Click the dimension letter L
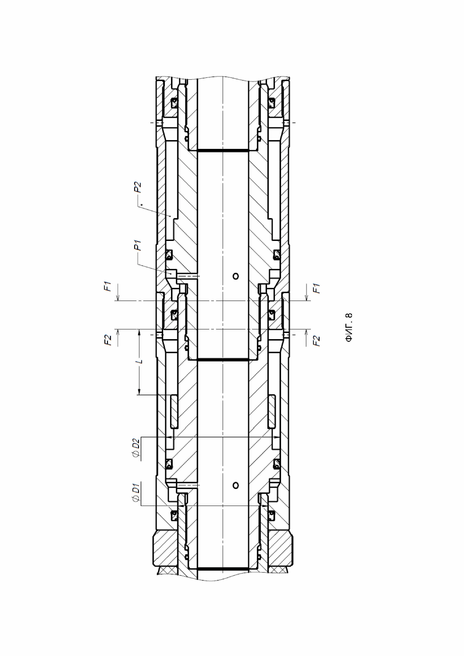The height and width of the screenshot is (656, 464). pyautogui.click(x=140, y=361)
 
